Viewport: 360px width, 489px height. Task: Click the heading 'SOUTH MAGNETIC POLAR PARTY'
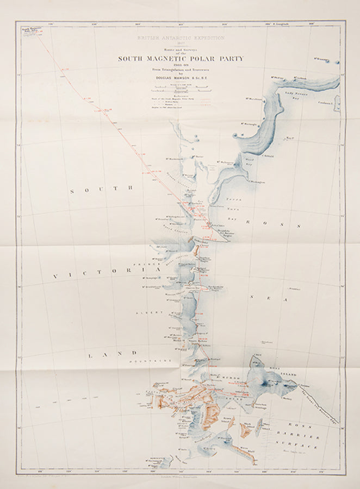(181, 58)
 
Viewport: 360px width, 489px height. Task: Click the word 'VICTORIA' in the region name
(106, 274)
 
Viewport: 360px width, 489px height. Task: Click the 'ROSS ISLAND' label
(278, 371)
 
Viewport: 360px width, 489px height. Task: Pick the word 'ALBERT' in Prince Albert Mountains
(153, 313)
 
